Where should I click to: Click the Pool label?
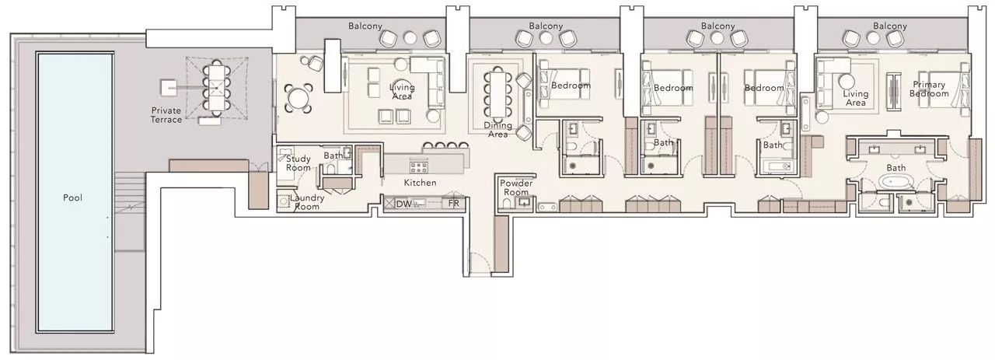click(x=73, y=197)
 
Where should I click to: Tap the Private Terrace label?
click(x=167, y=116)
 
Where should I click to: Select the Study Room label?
click(x=299, y=163)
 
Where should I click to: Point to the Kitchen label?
click(x=420, y=183)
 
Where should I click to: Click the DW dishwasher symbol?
click(x=403, y=204)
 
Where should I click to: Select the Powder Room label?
click(x=515, y=187)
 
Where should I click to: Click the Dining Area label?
click(x=497, y=130)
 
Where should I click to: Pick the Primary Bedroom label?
click(x=930, y=89)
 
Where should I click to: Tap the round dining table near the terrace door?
click(x=298, y=98)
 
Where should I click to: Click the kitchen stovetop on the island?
click(x=419, y=165)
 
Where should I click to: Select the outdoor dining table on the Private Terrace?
click(x=215, y=86)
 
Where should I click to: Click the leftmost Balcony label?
click(x=365, y=26)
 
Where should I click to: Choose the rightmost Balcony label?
click(x=890, y=26)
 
